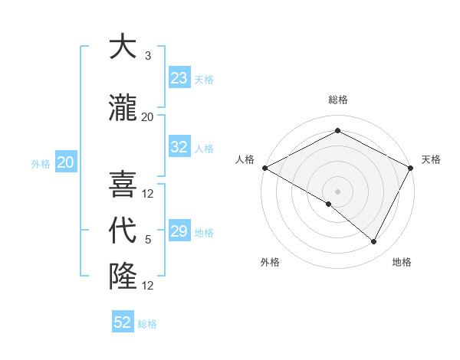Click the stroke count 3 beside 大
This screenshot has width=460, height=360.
148,56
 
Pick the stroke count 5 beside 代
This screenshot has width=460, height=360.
148,240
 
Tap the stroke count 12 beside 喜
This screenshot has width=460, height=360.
148,194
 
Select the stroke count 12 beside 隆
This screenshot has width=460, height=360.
148,285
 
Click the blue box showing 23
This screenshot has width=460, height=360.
179,78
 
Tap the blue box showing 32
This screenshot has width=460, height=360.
179,147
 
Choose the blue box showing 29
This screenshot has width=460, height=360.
179,231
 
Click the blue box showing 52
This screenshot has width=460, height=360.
123,322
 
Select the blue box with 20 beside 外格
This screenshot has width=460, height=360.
65,162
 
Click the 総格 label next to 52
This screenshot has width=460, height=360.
148,324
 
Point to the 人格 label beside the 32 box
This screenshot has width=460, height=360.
204,148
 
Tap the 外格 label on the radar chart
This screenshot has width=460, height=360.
270,263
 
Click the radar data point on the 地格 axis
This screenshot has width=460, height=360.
373,241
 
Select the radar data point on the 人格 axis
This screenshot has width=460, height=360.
264,168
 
